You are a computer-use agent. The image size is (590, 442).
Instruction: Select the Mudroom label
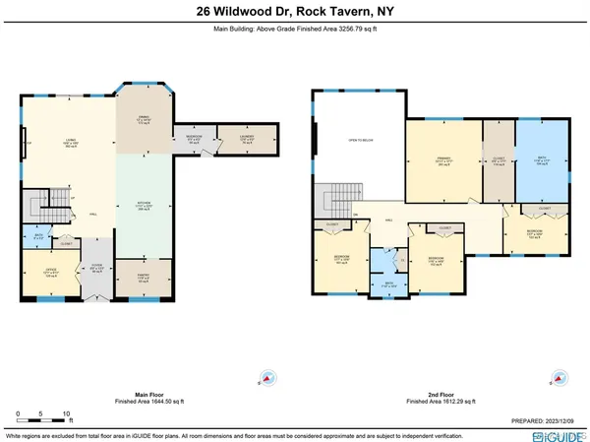[194, 139]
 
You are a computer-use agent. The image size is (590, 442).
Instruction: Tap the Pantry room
[142, 279]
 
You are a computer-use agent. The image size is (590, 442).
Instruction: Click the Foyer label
[96, 266]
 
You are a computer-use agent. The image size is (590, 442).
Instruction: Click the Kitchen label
[143, 207]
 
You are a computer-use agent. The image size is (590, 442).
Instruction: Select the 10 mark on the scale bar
[65, 413]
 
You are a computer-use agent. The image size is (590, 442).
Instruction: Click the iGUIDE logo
[557, 433]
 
